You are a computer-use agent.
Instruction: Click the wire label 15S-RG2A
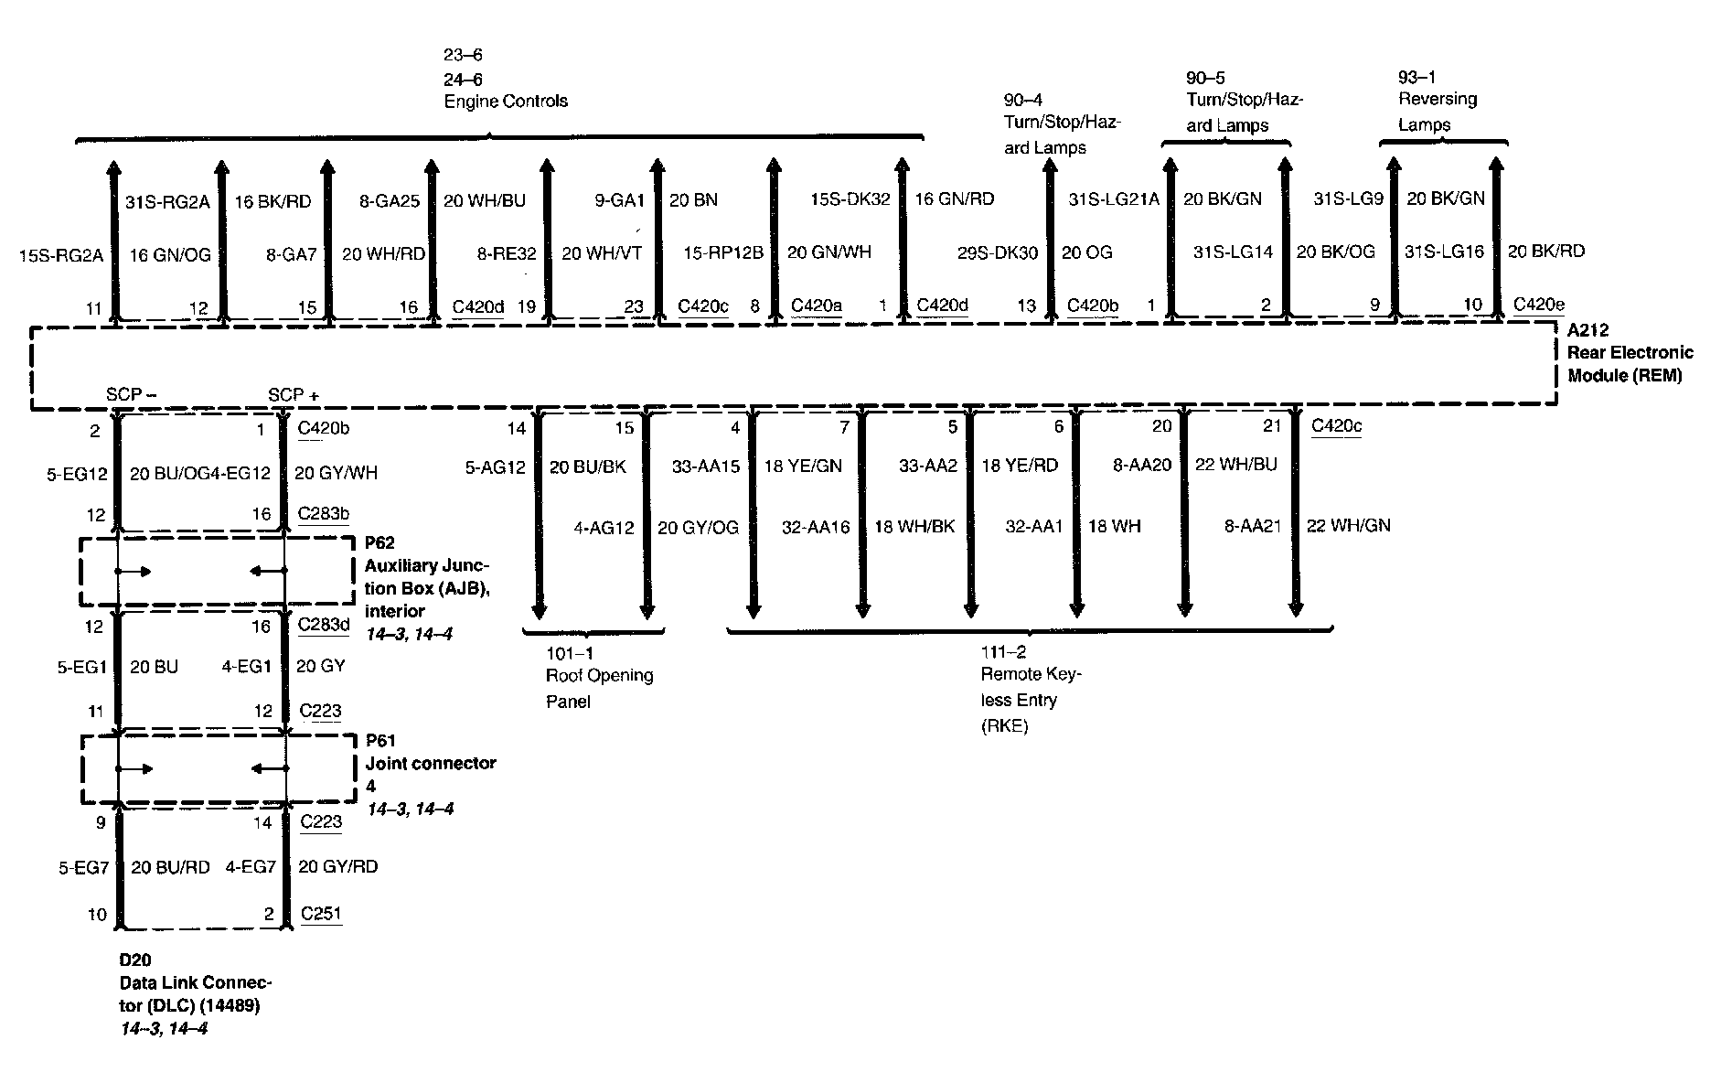60,256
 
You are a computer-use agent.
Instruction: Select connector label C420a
816,306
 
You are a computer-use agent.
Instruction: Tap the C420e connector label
1538,305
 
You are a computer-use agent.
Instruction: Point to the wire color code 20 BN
693,199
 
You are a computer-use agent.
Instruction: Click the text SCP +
294,395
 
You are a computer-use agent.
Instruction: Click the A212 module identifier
1587,330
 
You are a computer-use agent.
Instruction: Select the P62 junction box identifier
379,543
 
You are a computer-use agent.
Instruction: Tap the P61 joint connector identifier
380,741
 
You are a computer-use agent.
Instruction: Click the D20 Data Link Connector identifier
134,960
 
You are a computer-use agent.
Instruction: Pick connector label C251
321,913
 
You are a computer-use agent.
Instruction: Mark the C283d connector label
324,626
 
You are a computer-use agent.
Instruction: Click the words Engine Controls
506,102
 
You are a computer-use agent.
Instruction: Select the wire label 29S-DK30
998,252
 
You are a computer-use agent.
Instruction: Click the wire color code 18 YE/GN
803,466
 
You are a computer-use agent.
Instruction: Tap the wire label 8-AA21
1253,526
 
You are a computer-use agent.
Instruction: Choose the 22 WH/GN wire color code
1348,526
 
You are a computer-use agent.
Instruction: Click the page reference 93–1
1416,77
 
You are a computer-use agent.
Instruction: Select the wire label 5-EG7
84,867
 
